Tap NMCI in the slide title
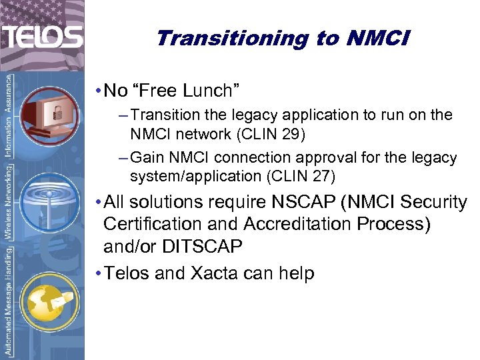(x=378, y=39)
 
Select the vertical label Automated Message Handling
(x=9, y=301)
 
